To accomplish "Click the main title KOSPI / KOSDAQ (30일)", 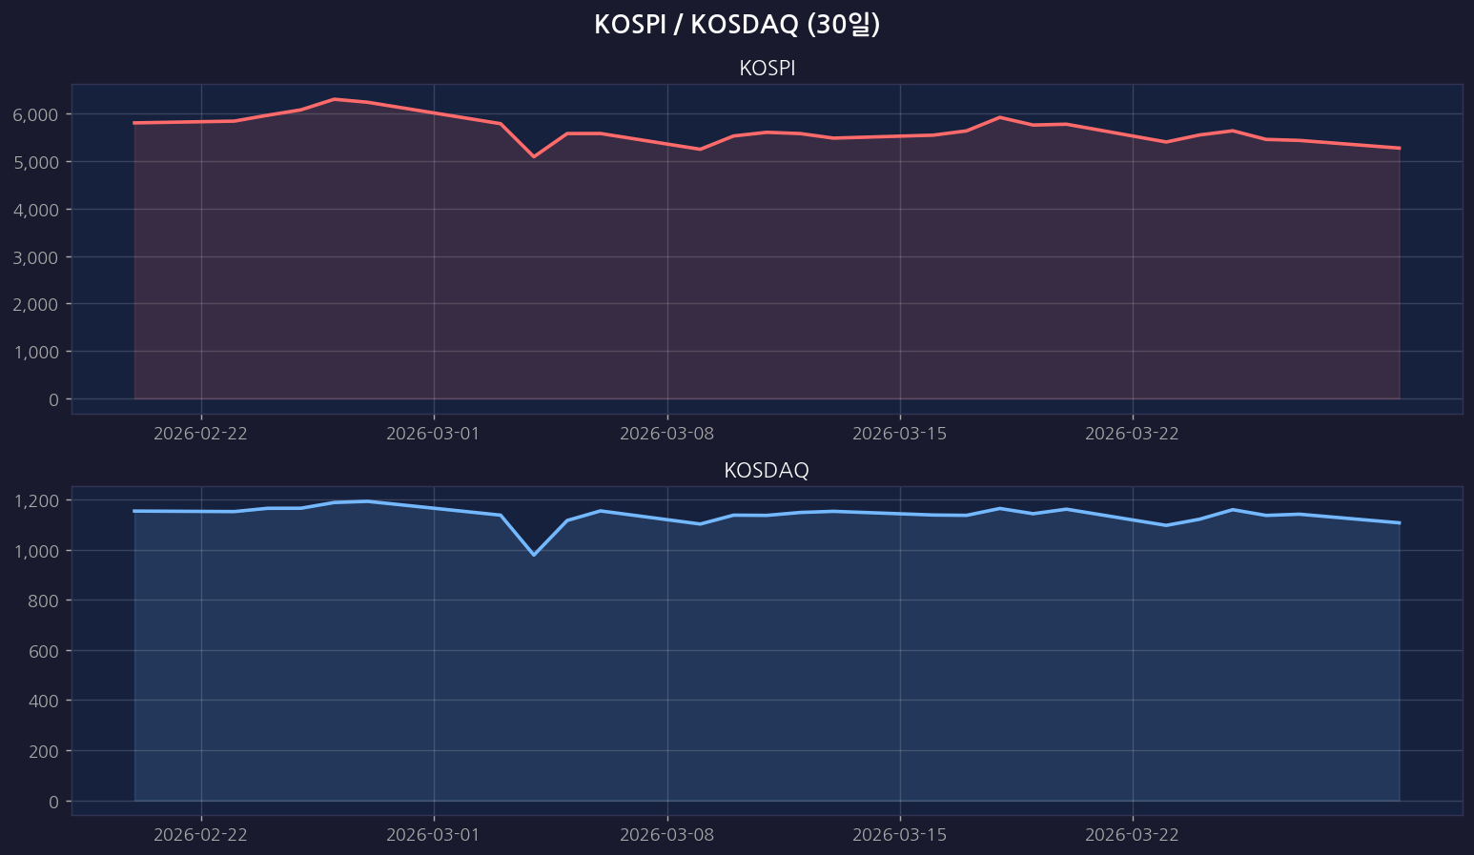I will click(736, 25).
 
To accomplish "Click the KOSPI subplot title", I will click(767, 69).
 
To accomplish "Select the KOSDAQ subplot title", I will click(767, 470).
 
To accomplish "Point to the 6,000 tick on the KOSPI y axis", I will click(36, 114).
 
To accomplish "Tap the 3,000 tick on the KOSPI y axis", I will click(36, 257).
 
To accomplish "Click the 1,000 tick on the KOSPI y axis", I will click(36, 352).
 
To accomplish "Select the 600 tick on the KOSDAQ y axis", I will click(44, 651).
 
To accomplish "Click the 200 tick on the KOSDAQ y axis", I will click(44, 751).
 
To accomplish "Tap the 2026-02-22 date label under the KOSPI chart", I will click(200, 434).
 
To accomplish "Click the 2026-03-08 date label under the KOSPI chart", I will click(666, 434).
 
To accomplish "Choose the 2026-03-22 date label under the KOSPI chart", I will click(1132, 434).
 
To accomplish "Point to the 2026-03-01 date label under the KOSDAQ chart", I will click(433, 835).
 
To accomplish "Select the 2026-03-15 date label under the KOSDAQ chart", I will click(899, 835).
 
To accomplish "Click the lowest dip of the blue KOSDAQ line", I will click(534, 555).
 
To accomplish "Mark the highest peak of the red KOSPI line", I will click(335, 99).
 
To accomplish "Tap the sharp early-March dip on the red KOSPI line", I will click(534, 156).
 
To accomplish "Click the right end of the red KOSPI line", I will click(1399, 148).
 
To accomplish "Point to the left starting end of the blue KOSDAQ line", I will click(134, 511).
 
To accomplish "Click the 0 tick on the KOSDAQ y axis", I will click(52, 802).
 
